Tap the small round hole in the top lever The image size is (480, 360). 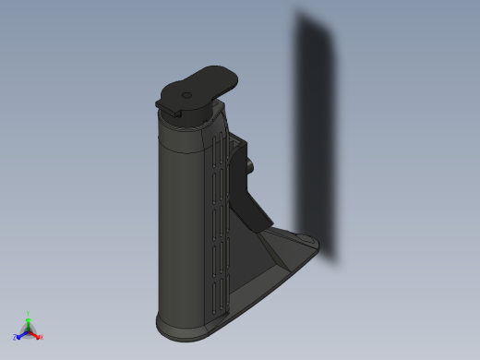tap(186, 94)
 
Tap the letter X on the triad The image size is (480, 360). tap(42, 337)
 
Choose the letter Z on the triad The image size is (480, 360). tap(15, 338)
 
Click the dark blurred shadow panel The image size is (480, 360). tap(316, 138)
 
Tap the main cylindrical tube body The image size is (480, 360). tap(180, 231)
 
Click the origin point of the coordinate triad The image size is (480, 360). tap(29, 330)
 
